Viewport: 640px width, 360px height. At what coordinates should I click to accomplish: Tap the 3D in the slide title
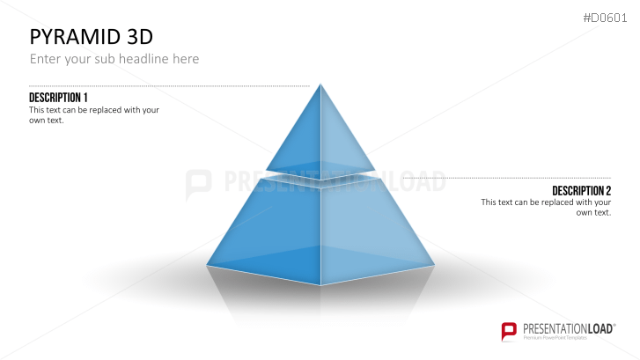pyautogui.click(x=136, y=37)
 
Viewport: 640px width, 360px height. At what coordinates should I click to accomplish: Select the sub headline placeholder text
pyautogui.click(x=114, y=59)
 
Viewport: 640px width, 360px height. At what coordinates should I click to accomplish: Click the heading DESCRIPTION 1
pyautogui.click(x=58, y=97)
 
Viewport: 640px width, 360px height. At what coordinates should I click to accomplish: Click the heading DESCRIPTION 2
pyautogui.click(x=581, y=191)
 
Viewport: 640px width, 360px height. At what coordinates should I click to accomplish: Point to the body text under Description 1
pyautogui.click(x=93, y=114)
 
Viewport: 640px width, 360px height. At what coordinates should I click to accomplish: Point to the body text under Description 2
pyautogui.click(x=546, y=208)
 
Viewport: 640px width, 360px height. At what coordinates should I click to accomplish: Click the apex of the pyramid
pyautogui.click(x=320, y=84)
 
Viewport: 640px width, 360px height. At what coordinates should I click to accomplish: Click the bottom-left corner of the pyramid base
pyautogui.click(x=208, y=263)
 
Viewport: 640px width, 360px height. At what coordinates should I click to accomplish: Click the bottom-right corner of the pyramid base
pyautogui.click(x=434, y=263)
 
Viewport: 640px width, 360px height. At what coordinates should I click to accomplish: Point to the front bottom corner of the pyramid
pyautogui.click(x=321, y=284)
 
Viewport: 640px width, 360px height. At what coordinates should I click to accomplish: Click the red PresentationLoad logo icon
pyautogui.click(x=508, y=331)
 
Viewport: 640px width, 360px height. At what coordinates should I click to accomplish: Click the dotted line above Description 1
pyautogui.click(x=167, y=86)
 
